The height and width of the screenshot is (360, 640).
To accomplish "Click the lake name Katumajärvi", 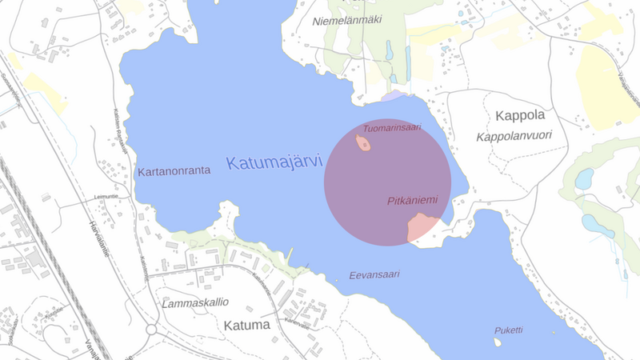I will [x=274, y=162].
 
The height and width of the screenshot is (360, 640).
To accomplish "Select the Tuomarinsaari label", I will [x=392, y=127].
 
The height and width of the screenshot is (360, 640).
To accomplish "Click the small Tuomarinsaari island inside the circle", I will [x=363, y=144].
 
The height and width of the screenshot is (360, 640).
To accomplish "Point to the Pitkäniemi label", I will [x=412, y=200].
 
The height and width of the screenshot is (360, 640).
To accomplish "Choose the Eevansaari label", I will [x=374, y=274].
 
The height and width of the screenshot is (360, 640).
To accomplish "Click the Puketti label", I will [x=508, y=330].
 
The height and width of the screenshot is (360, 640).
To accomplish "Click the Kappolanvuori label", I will [x=514, y=137].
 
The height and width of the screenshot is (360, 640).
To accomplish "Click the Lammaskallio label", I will [x=195, y=303].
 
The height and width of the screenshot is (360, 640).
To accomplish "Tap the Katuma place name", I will [x=247, y=326].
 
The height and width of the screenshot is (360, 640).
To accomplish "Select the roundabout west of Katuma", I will [x=151, y=330].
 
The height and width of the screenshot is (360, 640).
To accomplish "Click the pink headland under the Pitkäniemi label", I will [x=422, y=228].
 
